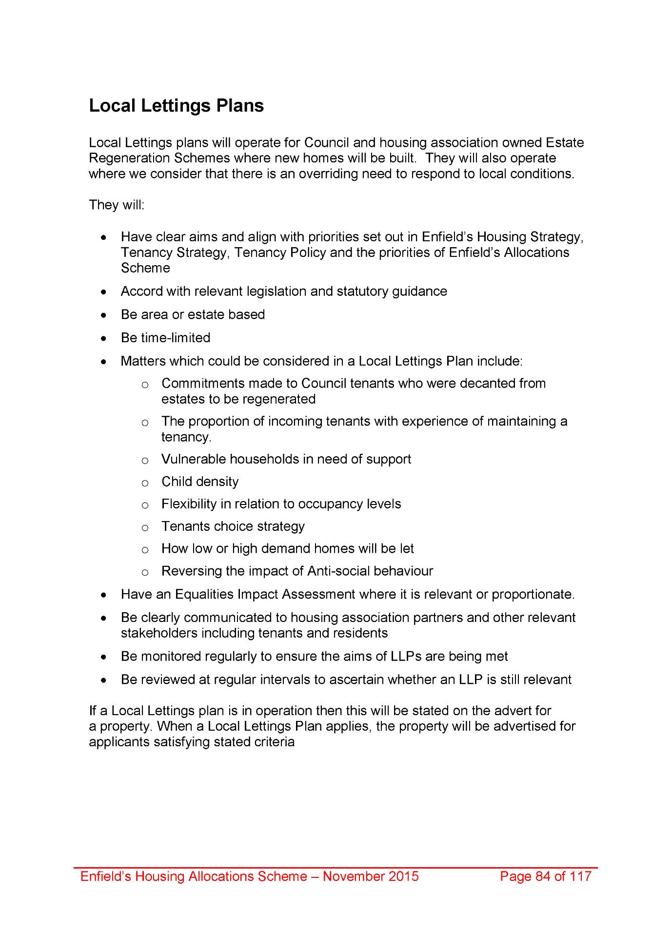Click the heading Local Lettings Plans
click(176, 106)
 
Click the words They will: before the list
click(117, 205)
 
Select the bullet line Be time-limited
click(165, 338)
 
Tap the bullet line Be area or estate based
click(193, 314)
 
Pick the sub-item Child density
click(200, 482)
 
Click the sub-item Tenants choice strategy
click(233, 526)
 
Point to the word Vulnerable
click(193, 459)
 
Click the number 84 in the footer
click(543, 876)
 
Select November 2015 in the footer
click(371, 876)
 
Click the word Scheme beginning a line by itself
click(145, 268)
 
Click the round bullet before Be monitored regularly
click(103, 657)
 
